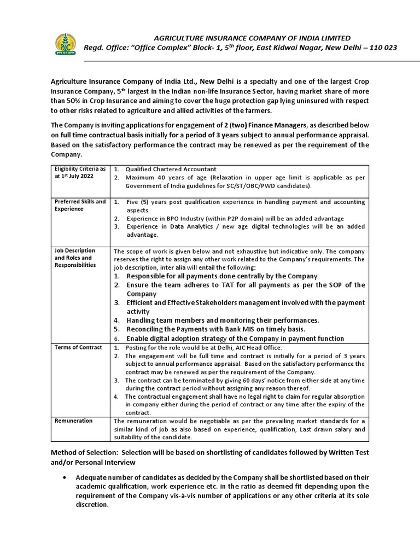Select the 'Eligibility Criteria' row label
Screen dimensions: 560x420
click(79, 173)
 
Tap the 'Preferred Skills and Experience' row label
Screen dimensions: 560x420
click(80, 205)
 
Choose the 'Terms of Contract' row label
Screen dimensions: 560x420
click(78, 347)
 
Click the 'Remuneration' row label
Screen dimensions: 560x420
click(73, 421)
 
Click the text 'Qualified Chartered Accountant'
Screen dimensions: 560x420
click(171, 169)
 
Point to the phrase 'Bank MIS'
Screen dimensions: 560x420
click(227, 329)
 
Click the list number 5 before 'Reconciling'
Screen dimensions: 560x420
click(116, 329)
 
